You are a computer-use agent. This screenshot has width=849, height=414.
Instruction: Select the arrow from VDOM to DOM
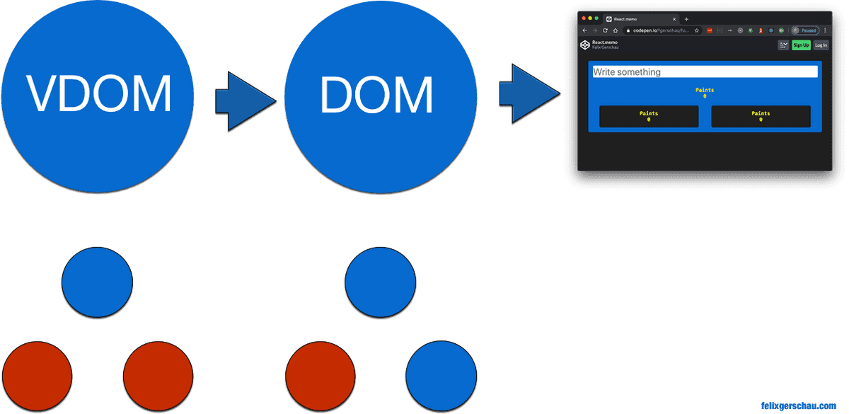[x=245, y=101]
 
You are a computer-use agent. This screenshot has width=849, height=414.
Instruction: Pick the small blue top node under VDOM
[x=97, y=282]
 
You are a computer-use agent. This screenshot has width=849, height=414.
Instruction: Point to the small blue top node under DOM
[x=381, y=282]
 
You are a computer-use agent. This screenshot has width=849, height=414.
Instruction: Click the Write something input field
[x=705, y=71]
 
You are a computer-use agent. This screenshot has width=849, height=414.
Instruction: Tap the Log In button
[x=821, y=45]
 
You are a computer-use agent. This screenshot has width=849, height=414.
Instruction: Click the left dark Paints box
[x=649, y=116]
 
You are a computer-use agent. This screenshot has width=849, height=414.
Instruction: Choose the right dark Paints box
[x=761, y=116]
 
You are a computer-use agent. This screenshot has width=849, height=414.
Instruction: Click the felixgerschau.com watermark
[x=797, y=406]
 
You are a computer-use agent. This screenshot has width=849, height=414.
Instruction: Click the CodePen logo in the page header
[x=585, y=45]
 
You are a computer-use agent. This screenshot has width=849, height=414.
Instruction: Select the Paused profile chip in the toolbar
[x=805, y=30]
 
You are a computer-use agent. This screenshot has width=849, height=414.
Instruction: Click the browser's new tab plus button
[x=686, y=19]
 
